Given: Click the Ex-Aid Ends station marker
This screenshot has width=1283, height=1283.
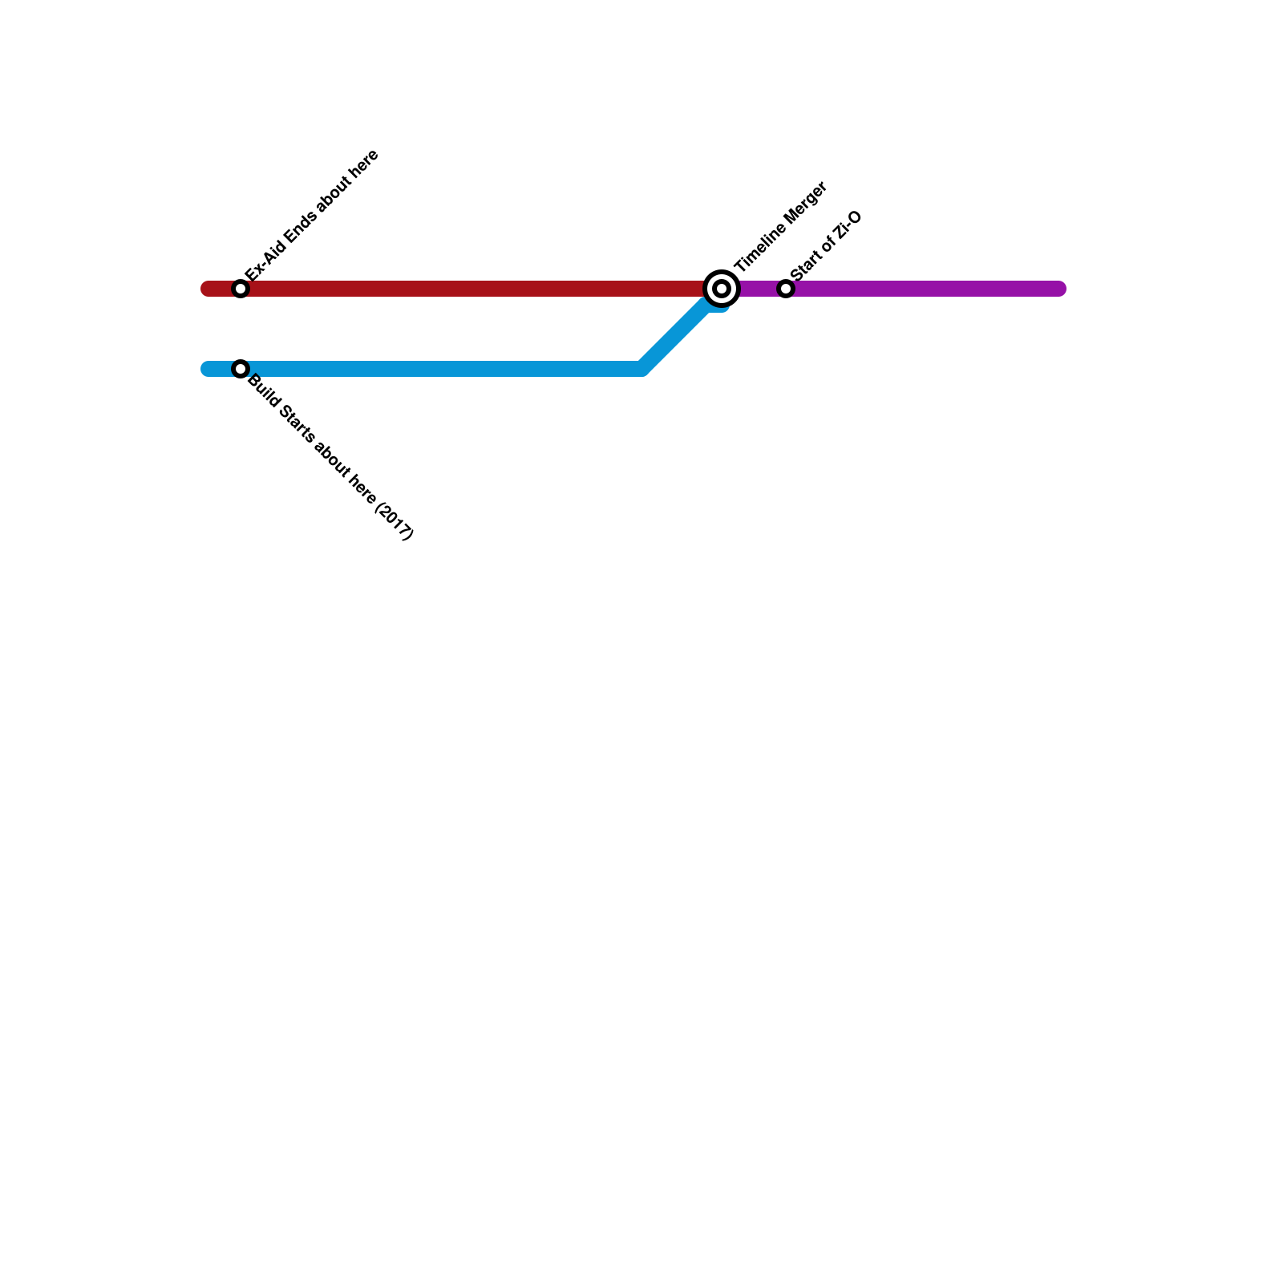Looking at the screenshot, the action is pyautogui.click(x=241, y=289).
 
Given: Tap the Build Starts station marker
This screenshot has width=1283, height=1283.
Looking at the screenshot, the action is pyautogui.click(x=241, y=369).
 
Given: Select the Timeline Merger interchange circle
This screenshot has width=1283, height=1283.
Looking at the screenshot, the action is pyautogui.click(x=721, y=289).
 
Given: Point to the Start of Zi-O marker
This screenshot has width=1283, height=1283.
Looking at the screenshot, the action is pyautogui.click(x=786, y=289).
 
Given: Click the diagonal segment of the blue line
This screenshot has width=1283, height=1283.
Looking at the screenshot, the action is pyautogui.click(x=678, y=333).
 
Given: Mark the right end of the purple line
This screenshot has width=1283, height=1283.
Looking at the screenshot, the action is pyautogui.click(x=1058, y=289).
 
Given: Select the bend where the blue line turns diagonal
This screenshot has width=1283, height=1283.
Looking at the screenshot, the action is pyautogui.click(x=641, y=369).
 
